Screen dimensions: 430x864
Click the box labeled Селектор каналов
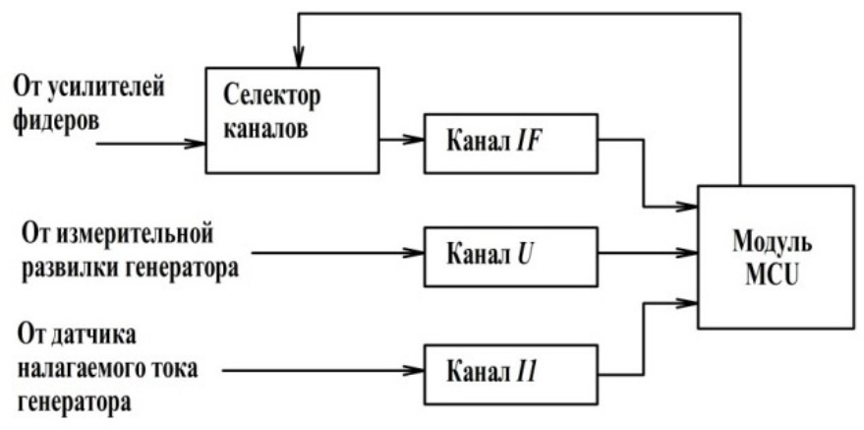point(291,120)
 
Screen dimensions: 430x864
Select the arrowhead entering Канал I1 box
point(417,371)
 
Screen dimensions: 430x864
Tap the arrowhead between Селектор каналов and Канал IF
point(417,139)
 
